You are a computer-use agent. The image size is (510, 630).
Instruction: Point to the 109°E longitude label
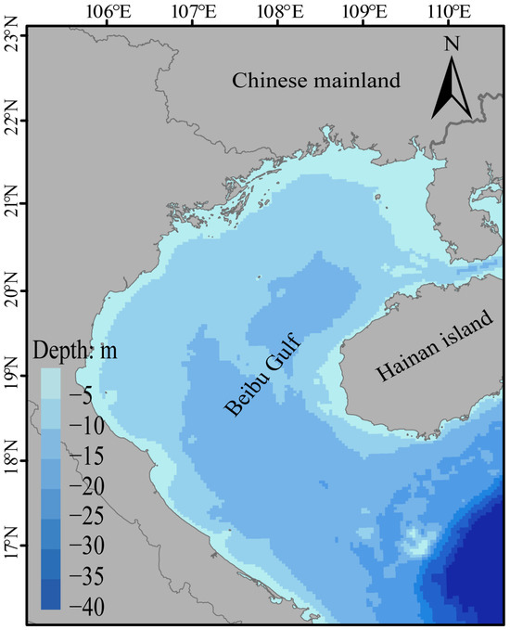tap(363, 12)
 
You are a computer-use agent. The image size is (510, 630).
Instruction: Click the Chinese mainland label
tap(315, 81)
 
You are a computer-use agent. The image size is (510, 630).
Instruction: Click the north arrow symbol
tap(453, 89)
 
